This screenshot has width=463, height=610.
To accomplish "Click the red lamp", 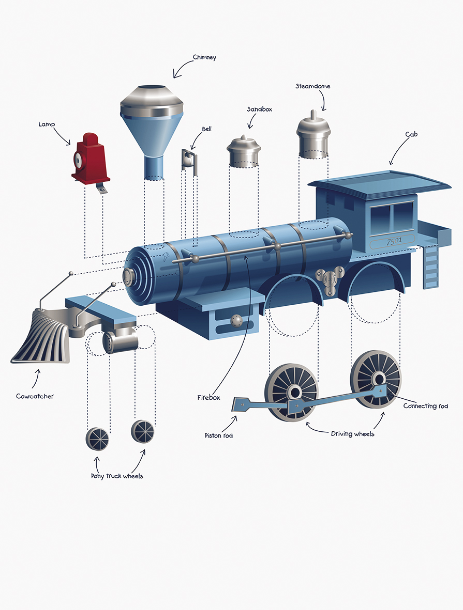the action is pyautogui.click(x=91, y=160).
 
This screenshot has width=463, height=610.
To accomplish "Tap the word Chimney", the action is pyautogui.click(x=204, y=57).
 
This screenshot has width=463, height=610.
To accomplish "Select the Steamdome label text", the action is pyautogui.click(x=312, y=86).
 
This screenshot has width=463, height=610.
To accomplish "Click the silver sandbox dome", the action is pyautogui.click(x=244, y=151).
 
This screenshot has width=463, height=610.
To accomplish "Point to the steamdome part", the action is pyautogui.click(x=313, y=135).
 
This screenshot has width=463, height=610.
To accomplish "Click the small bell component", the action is pyautogui.click(x=189, y=160).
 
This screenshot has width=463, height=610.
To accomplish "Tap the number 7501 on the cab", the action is pyautogui.click(x=394, y=241).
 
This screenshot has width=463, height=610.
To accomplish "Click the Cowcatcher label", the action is pyautogui.click(x=35, y=396).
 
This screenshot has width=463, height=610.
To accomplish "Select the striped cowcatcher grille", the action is pyautogui.click(x=41, y=336).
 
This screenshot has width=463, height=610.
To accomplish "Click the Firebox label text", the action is pyautogui.click(x=208, y=398).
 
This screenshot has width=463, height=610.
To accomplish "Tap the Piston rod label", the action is pyautogui.click(x=219, y=436).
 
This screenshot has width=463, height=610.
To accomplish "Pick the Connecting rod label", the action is pyautogui.click(x=426, y=406).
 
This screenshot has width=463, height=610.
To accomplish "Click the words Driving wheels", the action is pyautogui.click(x=352, y=434).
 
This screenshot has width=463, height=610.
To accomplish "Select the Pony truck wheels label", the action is pyautogui.click(x=117, y=476).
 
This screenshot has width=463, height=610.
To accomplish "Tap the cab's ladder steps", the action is pyautogui.click(x=430, y=268).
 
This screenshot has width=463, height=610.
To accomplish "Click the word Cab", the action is pyautogui.click(x=411, y=135).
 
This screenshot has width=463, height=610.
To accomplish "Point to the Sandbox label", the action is pyautogui.click(x=259, y=110).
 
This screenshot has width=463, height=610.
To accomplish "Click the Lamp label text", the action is pyautogui.click(x=47, y=124).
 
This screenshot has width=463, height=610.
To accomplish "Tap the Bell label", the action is pyautogui.click(x=206, y=129).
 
